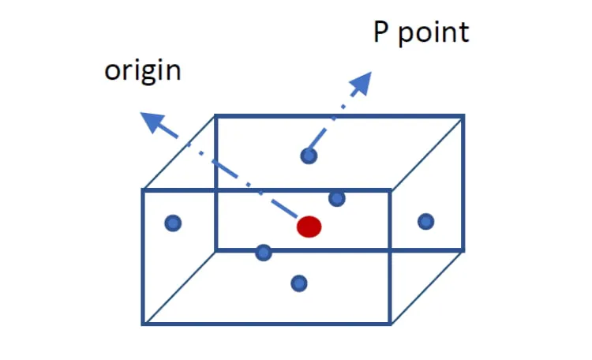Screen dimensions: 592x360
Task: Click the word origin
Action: (143, 71)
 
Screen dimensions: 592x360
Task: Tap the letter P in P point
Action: (380, 32)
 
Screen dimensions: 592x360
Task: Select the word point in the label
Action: (434, 33)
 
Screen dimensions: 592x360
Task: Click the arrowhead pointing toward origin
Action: (152, 122)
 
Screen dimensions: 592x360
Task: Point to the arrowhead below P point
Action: (362, 82)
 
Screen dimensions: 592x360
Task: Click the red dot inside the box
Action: (309, 227)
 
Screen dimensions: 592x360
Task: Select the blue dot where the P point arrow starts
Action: (309, 156)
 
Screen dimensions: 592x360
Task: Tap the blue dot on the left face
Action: (173, 223)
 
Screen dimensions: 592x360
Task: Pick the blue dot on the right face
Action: (426, 221)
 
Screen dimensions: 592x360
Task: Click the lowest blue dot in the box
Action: (299, 283)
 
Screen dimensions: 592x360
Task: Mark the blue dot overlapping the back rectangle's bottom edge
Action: (264, 253)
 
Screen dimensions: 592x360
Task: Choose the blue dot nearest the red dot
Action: (337, 198)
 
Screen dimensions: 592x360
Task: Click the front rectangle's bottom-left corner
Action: (143, 324)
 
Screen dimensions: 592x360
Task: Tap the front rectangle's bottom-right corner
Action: (391, 324)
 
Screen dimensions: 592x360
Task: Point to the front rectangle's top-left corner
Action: (143, 190)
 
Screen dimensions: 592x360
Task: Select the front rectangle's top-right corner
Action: (391, 190)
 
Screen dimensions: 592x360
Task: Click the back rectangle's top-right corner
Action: (463, 115)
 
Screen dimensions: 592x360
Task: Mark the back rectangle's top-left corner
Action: (215, 115)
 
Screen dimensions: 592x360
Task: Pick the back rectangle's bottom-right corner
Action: (463, 250)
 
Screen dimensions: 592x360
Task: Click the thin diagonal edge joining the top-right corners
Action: (426, 153)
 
